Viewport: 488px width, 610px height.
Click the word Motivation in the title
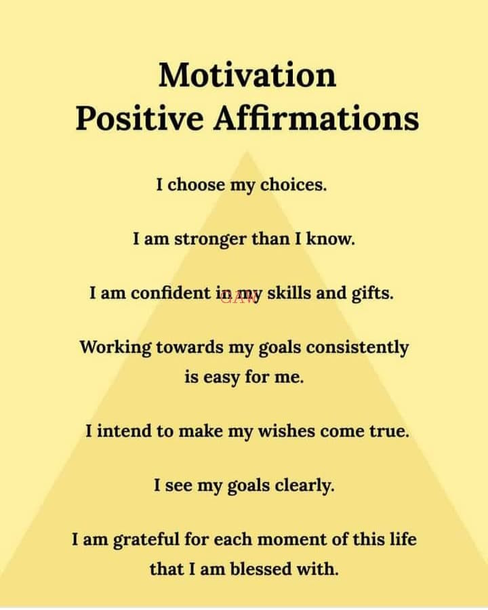click(x=247, y=75)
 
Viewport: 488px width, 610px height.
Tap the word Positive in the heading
click(x=140, y=118)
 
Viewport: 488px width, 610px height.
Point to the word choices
click(x=293, y=184)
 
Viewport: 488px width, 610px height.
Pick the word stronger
click(x=210, y=239)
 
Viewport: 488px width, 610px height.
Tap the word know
click(x=330, y=238)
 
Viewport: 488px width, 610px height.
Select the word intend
click(x=124, y=431)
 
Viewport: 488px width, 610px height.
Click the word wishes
click(x=287, y=431)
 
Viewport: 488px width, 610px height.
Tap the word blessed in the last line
click(x=262, y=569)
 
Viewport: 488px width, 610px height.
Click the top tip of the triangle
click(x=247, y=151)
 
